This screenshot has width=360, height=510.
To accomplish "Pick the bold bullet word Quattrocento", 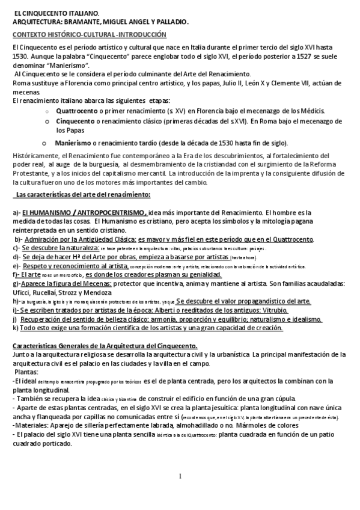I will click(x=76, y=111).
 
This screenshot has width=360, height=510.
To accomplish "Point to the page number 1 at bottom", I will click(x=180, y=477).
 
